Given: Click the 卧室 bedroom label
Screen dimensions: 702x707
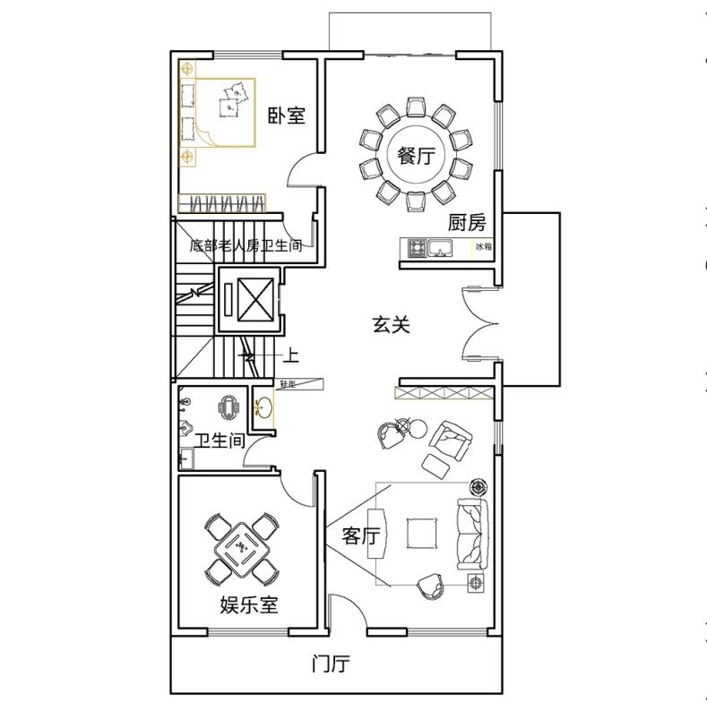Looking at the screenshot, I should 287,116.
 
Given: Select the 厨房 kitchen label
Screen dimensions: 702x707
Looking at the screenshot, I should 466,222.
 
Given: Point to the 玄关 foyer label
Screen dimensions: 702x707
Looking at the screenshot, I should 391,325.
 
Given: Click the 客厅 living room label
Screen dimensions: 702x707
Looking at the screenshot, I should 361,536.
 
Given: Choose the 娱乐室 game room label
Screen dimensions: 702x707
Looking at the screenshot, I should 249,604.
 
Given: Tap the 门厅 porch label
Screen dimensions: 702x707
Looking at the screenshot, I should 330,664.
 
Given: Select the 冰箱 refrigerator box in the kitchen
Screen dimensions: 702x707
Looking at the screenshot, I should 483,246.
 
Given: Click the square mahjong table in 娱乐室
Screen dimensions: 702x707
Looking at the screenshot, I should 240,546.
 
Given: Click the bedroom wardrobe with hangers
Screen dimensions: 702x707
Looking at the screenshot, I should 222,202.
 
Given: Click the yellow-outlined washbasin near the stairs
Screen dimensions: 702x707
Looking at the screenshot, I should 263,407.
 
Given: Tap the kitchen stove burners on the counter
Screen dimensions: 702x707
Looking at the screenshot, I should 417,246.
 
